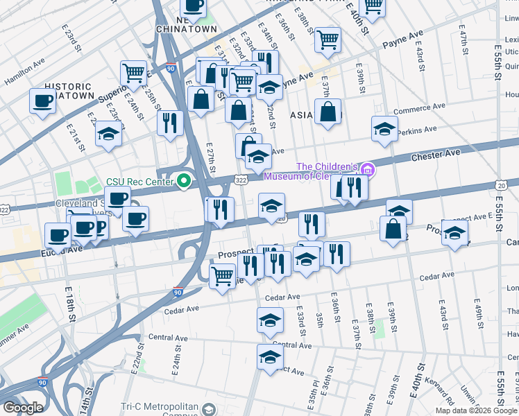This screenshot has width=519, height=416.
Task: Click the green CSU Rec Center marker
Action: pyautogui.click(x=184, y=182)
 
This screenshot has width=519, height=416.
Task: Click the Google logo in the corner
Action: pyautogui.click(x=23, y=408)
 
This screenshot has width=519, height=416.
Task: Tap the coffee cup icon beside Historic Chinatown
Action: pyautogui.click(x=42, y=101)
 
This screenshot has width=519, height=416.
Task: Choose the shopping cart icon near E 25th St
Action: pyautogui.click(x=133, y=72)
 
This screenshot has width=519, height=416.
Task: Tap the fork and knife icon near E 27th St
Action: pyautogui.click(x=170, y=123)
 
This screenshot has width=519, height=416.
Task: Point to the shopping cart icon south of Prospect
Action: pyautogui.click(x=222, y=276)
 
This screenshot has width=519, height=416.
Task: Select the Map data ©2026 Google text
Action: pyautogui.click(x=476, y=410)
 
